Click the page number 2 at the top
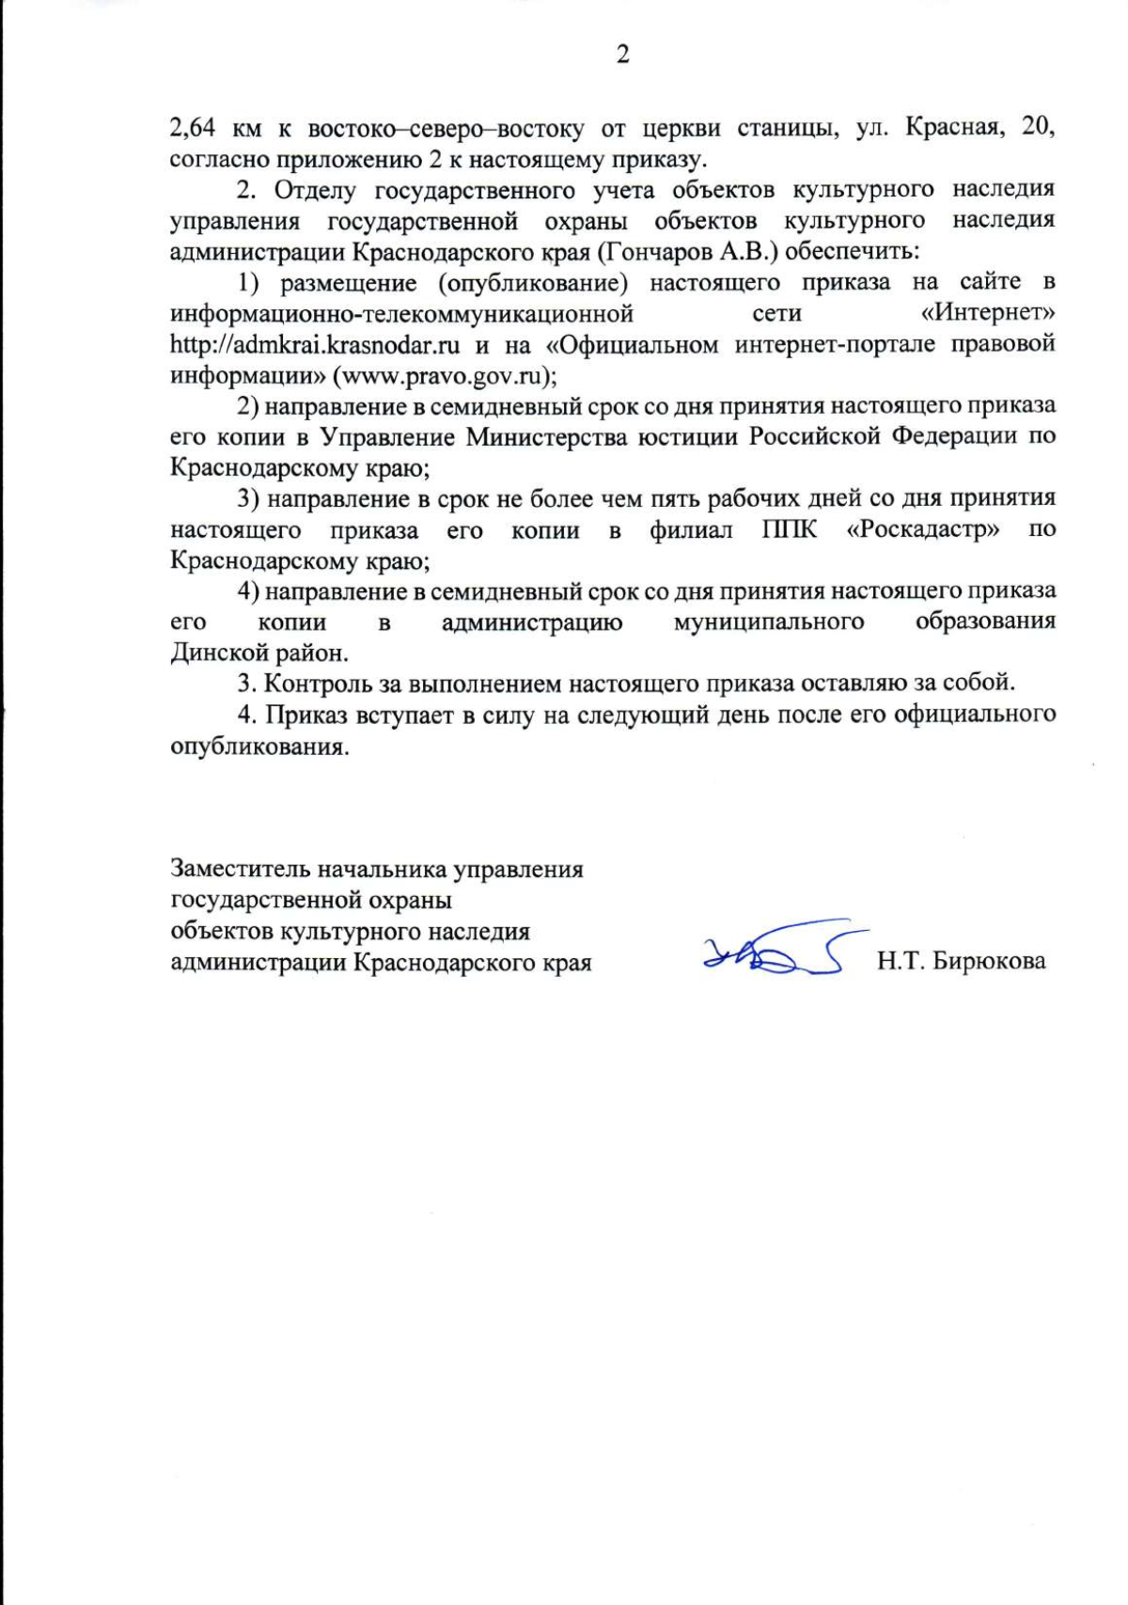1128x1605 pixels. click(622, 55)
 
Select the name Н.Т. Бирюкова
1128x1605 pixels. click(961, 961)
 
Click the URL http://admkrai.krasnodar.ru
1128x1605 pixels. click(315, 344)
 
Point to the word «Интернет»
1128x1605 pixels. click(987, 313)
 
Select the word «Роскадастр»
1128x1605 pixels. click(923, 529)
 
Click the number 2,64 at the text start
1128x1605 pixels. click(193, 128)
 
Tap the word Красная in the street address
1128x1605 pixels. click(949, 127)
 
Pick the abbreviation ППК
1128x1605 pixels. click(789, 529)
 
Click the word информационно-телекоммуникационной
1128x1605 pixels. click(401, 313)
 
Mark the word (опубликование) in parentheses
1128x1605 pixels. click(532, 282)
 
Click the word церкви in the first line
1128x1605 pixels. click(678, 127)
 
